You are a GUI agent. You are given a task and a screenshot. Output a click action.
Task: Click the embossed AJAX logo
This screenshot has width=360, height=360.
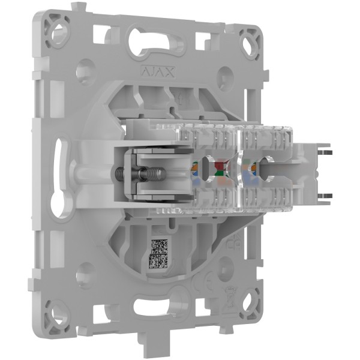pos(158,72)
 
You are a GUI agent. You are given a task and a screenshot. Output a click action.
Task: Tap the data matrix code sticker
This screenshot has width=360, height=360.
pos(158,253)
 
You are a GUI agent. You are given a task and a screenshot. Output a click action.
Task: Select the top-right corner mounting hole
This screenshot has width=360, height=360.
pos(248,44)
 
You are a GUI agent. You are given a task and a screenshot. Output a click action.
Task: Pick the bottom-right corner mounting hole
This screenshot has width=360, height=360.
pos(248,299)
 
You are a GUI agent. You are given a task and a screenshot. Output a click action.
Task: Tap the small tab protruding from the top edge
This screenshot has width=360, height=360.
pos(75,7)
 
